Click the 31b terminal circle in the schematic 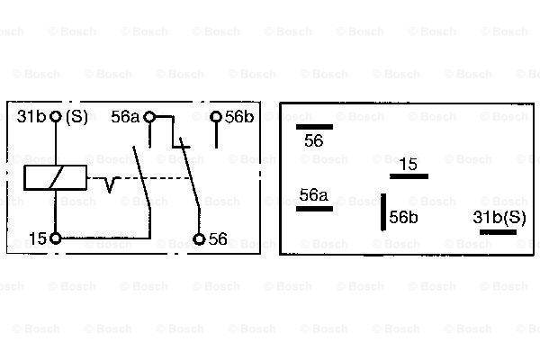(56, 116)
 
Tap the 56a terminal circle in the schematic (149, 117)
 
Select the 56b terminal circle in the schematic (216, 117)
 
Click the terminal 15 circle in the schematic (55, 238)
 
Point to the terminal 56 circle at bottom (199, 238)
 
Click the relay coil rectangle (55, 178)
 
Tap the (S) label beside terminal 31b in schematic (76, 117)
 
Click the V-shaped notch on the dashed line (110, 184)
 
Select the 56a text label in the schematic (125, 117)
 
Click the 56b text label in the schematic (239, 117)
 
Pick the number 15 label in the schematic (38, 238)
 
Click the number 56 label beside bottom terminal (218, 238)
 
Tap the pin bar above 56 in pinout (314, 127)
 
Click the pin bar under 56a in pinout (314, 209)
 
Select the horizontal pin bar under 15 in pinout (409, 176)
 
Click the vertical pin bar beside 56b (383, 211)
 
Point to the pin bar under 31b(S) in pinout (498, 232)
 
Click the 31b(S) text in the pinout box (499, 218)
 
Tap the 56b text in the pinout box (403, 217)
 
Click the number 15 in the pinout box (409, 164)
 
